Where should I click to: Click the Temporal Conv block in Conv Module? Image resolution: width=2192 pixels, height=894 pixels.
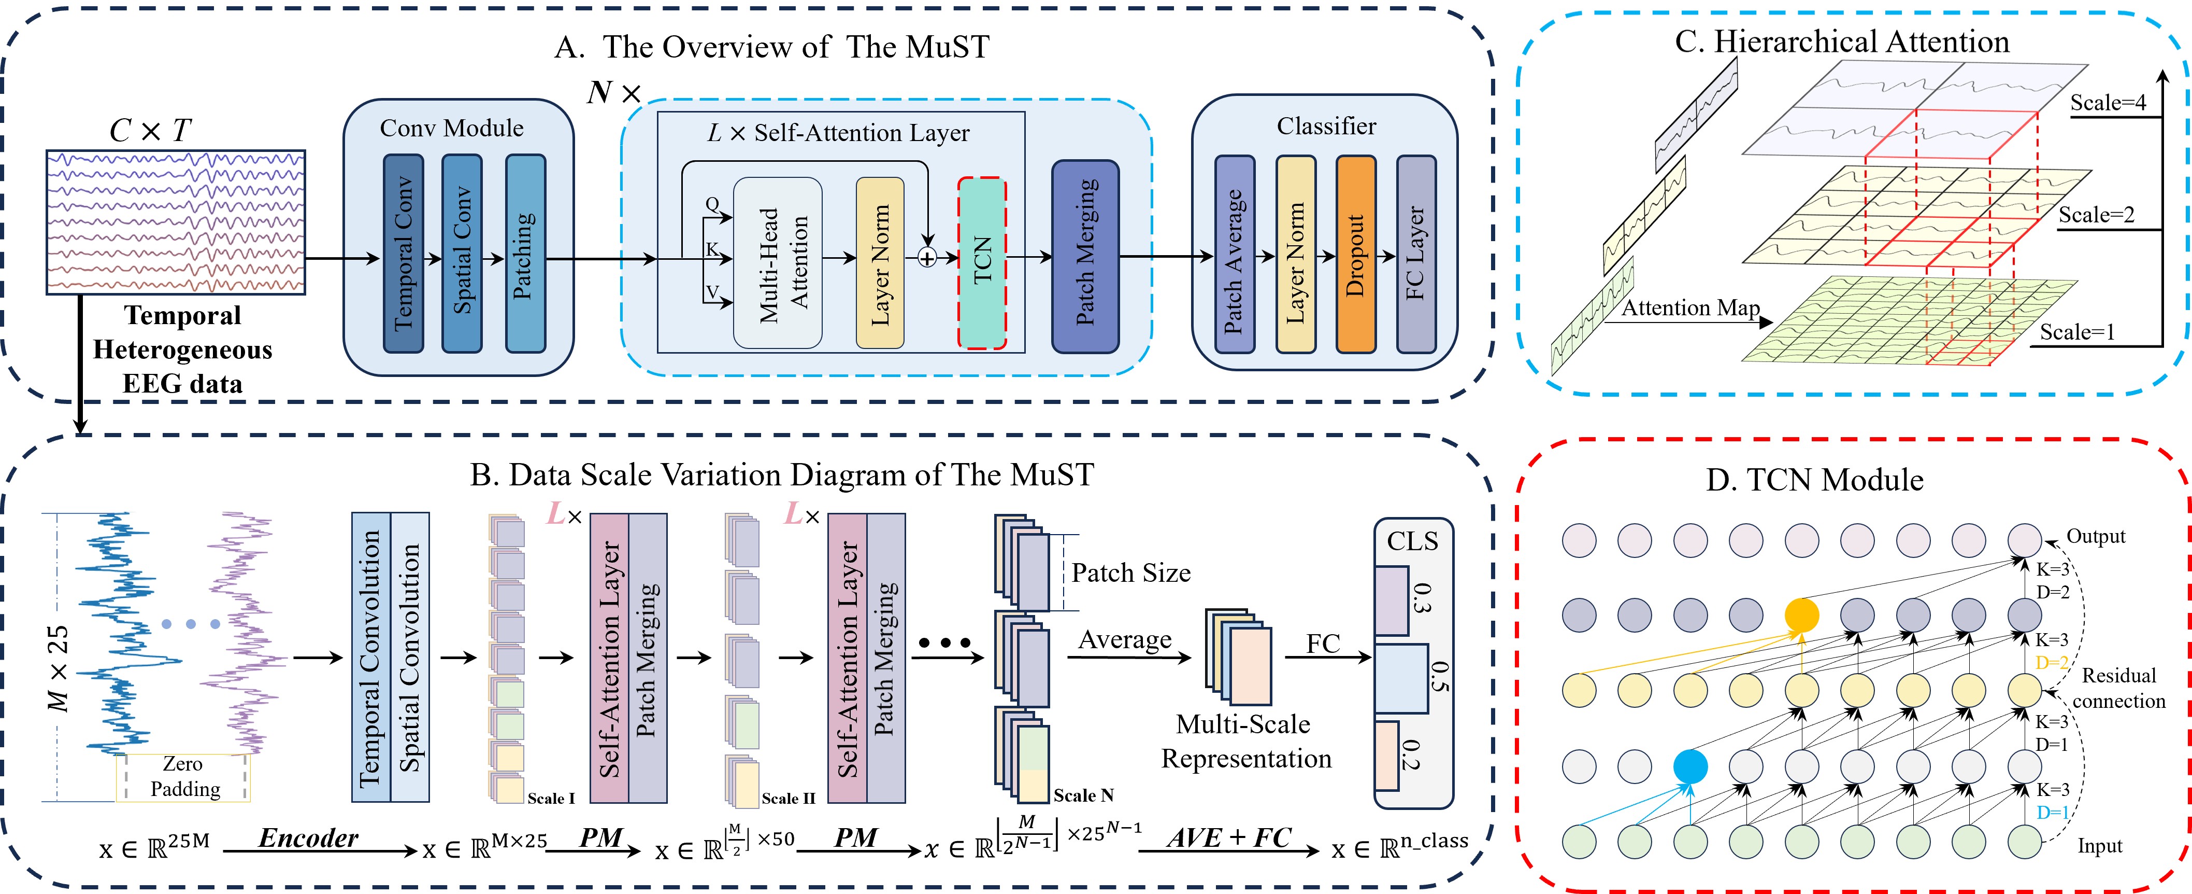pos(404,254)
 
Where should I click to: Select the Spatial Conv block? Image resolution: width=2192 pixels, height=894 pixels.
pos(462,254)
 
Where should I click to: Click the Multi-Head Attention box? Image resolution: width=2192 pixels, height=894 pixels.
pos(778,263)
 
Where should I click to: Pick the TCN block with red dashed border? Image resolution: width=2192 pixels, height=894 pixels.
pos(982,262)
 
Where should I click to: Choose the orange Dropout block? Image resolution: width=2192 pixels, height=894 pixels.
pos(1355,254)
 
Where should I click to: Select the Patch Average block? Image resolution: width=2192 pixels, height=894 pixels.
pos(1235,254)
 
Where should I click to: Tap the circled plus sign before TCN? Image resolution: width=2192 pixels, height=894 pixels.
pos(927,257)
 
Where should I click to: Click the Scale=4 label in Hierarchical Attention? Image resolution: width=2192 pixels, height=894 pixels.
pos(2108,103)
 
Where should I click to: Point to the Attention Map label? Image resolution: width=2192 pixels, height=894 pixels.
pos(1690,308)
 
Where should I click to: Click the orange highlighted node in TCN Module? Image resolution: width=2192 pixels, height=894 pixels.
pos(1801,614)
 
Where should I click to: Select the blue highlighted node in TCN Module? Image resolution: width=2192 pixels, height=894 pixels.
pos(1690,766)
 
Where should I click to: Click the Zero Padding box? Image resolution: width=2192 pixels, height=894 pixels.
pos(184,776)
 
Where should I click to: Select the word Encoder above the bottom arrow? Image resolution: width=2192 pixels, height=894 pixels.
pos(308,838)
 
